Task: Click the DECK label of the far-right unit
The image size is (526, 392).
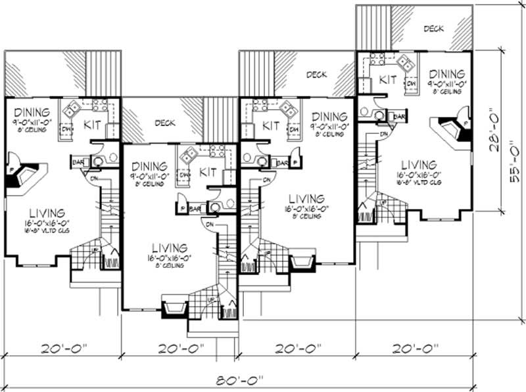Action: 433,28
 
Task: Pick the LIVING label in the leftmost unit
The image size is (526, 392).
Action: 47,213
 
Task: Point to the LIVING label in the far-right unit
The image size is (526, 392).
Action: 419,165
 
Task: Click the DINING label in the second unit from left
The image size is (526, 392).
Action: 151,167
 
